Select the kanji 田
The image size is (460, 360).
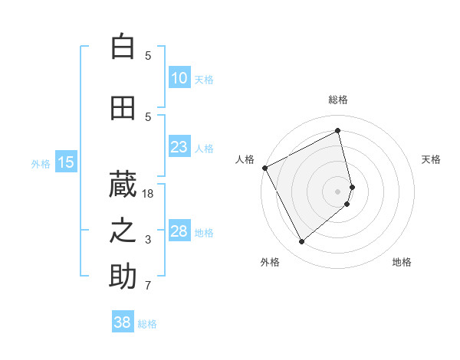click(x=123, y=108)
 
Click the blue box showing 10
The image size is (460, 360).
click(x=179, y=78)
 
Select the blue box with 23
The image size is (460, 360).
click(x=179, y=147)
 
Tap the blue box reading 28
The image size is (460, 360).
click(x=179, y=231)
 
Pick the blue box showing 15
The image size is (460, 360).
click(x=66, y=162)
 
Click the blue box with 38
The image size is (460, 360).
click(x=123, y=322)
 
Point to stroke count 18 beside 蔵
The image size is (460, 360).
click(x=149, y=194)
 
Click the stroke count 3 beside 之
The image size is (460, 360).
click(x=149, y=240)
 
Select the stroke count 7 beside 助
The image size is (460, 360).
click(x=149, y=286)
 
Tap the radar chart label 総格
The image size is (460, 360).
click(x=338, y=100)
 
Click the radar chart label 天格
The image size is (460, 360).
click(x=431, y=159)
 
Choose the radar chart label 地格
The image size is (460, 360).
click(x=402, y=262)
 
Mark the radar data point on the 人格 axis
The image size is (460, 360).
click(x=264, y=168)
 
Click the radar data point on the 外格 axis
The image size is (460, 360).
click(x=301, y=242)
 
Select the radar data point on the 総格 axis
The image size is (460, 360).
click(x=338, y=131)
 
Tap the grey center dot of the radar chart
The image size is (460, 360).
click(x=338, y=191)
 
